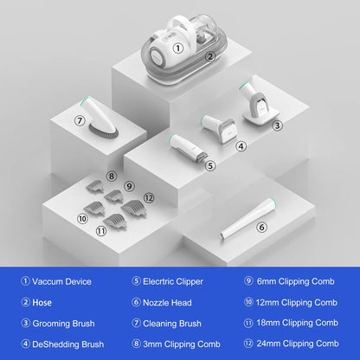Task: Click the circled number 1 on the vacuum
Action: [178, 48]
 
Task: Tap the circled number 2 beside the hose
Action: [210, 56]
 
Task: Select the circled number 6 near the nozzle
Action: [261, 228]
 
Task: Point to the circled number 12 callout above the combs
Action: [149, 198]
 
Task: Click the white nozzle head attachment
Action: [247, 218]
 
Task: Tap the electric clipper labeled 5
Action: [188, 148]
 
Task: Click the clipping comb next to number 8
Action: [94, 186]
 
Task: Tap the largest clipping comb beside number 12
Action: [134, 208]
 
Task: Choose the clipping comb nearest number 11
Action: [115, 222]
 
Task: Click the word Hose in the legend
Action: [42, 303]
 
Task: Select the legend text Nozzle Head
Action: [167, 303]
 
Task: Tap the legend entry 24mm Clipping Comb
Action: [298, 344]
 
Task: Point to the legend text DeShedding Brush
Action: [68, 344]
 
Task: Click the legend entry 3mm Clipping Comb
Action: [182, 344]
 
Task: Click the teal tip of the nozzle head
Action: [271, 202]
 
